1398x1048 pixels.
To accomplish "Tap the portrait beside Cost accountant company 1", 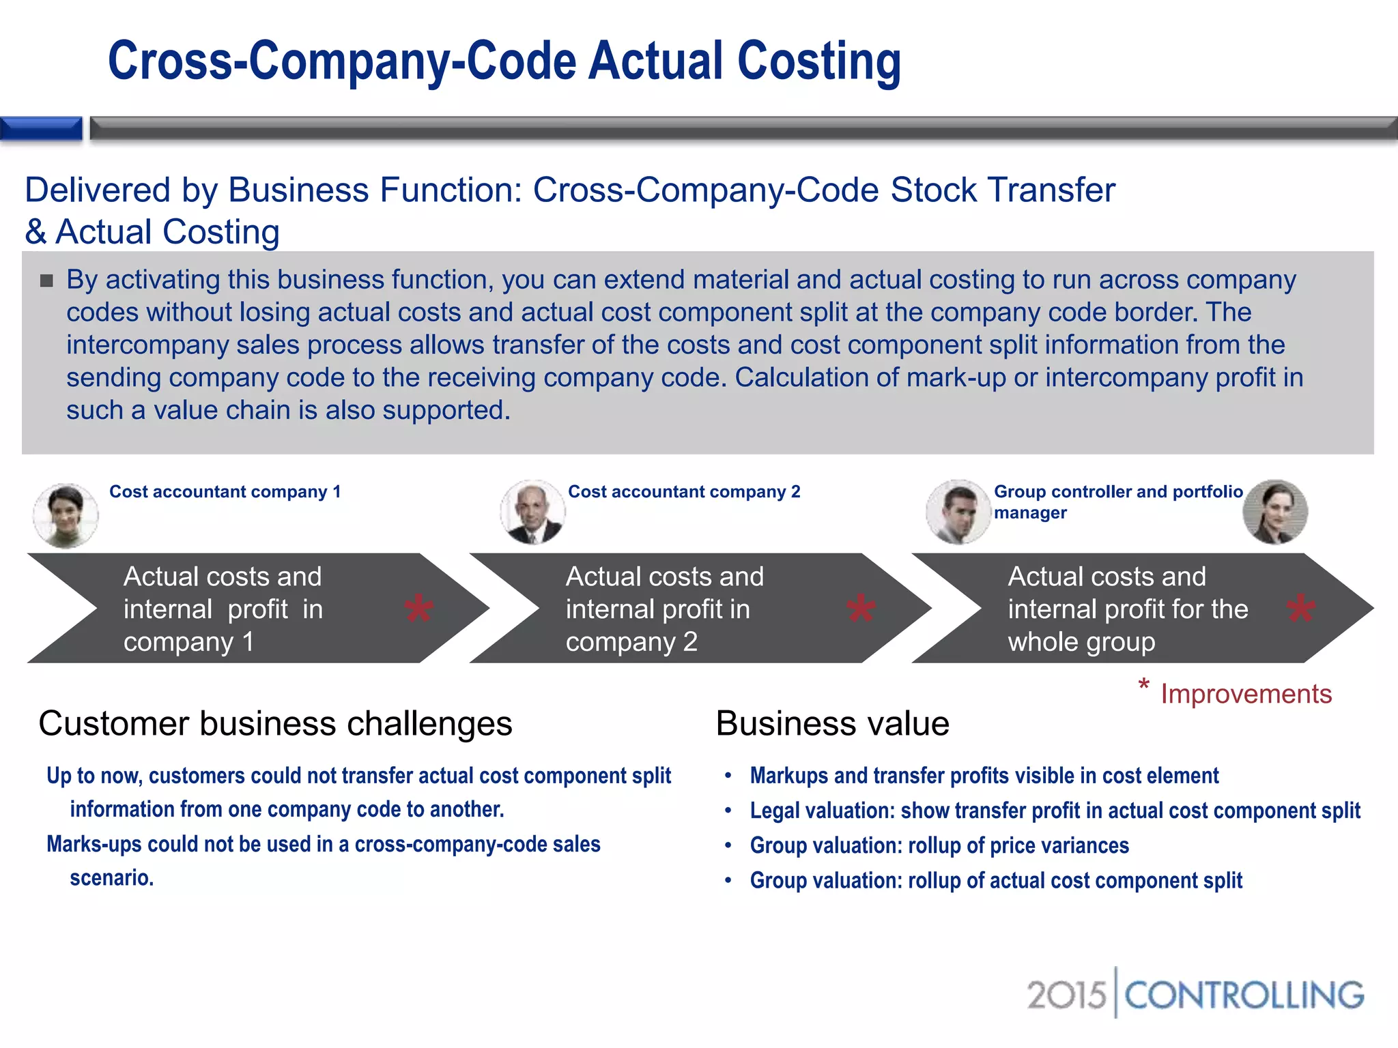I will [66, 515].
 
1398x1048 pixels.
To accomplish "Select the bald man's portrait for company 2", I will [532, 512].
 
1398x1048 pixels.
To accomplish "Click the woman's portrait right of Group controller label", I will [1275, 512].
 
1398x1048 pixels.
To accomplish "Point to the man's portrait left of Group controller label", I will [958, 512].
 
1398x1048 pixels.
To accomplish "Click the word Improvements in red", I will [1246, 694].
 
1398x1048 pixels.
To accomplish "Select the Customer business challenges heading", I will [275, 723].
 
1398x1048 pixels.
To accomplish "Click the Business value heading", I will [832, 723].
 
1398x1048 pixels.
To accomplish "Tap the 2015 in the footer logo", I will [1066, 995].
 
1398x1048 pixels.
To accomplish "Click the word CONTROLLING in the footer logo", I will [1244, 995].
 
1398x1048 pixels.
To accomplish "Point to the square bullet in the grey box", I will [46, 280].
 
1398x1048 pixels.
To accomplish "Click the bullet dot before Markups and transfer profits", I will [728, 776].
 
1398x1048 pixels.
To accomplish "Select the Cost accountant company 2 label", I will [684, 492].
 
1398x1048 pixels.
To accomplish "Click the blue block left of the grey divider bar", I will [41, 128].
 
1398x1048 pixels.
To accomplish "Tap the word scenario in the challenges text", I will [111, 877].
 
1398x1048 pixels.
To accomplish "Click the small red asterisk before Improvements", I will [1143, 684].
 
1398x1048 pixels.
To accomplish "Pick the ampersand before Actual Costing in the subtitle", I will [35, 232].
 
